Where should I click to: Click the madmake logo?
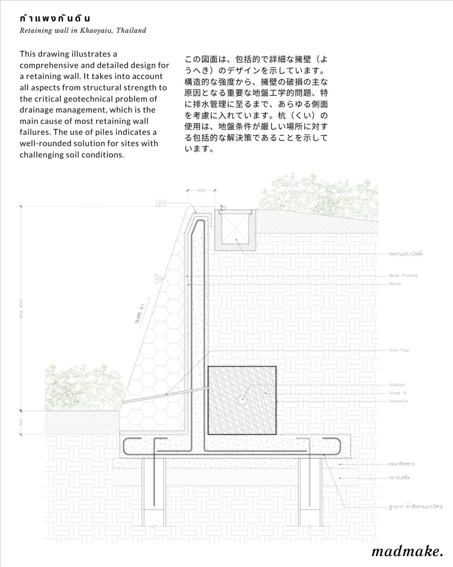[407, 551]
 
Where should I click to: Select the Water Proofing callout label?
[403, 275]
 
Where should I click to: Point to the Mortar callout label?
[395, 284]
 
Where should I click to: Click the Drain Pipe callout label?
[399, 350]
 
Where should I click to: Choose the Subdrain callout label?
[397, 385]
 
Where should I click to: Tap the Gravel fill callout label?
[398, 393]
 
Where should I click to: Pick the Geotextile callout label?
[398, 401]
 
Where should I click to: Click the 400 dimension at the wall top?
[201, 190]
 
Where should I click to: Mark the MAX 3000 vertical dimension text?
[21, 308]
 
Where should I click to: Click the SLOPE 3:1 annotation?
[140, 313]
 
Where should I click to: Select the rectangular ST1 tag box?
[161, 203]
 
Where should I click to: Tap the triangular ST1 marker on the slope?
[159, 279]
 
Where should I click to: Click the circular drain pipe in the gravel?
[242, 400]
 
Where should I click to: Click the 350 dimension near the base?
[21, 422]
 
